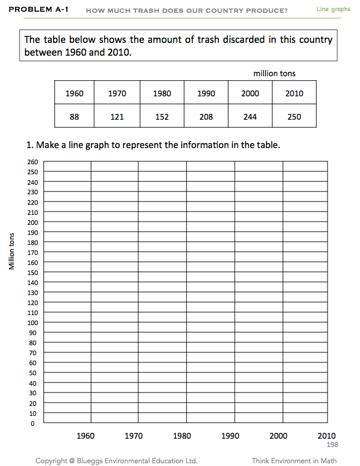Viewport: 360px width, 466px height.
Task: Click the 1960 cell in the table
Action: point(74,94)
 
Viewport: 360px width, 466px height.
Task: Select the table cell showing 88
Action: point(74,117)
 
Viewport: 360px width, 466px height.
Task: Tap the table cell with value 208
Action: point(206,117)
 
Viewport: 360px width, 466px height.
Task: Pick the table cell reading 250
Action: point(294,117)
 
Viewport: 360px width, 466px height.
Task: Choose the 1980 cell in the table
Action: point(162,94)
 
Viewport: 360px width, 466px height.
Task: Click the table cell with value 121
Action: point(116,117)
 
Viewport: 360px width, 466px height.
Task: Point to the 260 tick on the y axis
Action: point(32,162)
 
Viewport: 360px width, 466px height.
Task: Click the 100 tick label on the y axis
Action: point(32,323)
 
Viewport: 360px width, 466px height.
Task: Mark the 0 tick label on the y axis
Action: point(32,424)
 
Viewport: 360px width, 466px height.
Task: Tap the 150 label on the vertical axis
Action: point(32,273)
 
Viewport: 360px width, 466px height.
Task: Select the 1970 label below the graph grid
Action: point(134,436)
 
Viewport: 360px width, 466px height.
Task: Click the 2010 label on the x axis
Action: point(327,436)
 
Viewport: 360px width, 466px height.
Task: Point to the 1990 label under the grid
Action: point(230,436)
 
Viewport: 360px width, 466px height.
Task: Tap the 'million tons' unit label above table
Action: point(274,73)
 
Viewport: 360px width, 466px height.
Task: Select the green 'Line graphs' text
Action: point(333,9)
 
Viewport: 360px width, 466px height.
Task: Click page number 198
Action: point(332,445)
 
